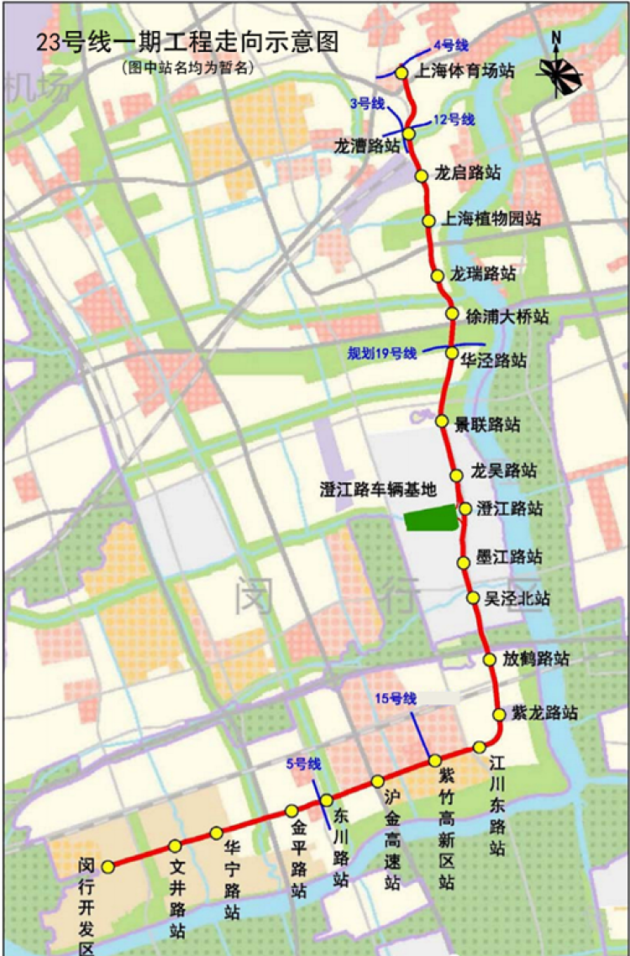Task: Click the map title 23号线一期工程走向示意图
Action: (187, 43)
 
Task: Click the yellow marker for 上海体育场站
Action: (402, 73)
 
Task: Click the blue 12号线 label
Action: (454, 120)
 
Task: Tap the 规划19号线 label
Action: (383, 354)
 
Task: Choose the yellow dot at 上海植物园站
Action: (428, 221)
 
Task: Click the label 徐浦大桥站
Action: (507, 316)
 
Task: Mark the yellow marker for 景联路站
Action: (442, 421)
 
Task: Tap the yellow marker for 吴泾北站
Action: (473, 598)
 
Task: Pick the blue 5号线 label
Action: (303, 764)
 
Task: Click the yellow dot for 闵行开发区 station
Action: (108, 866)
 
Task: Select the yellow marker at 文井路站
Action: (175, 846)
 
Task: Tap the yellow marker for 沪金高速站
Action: (378, 780)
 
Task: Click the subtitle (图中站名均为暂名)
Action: (186, 68)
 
